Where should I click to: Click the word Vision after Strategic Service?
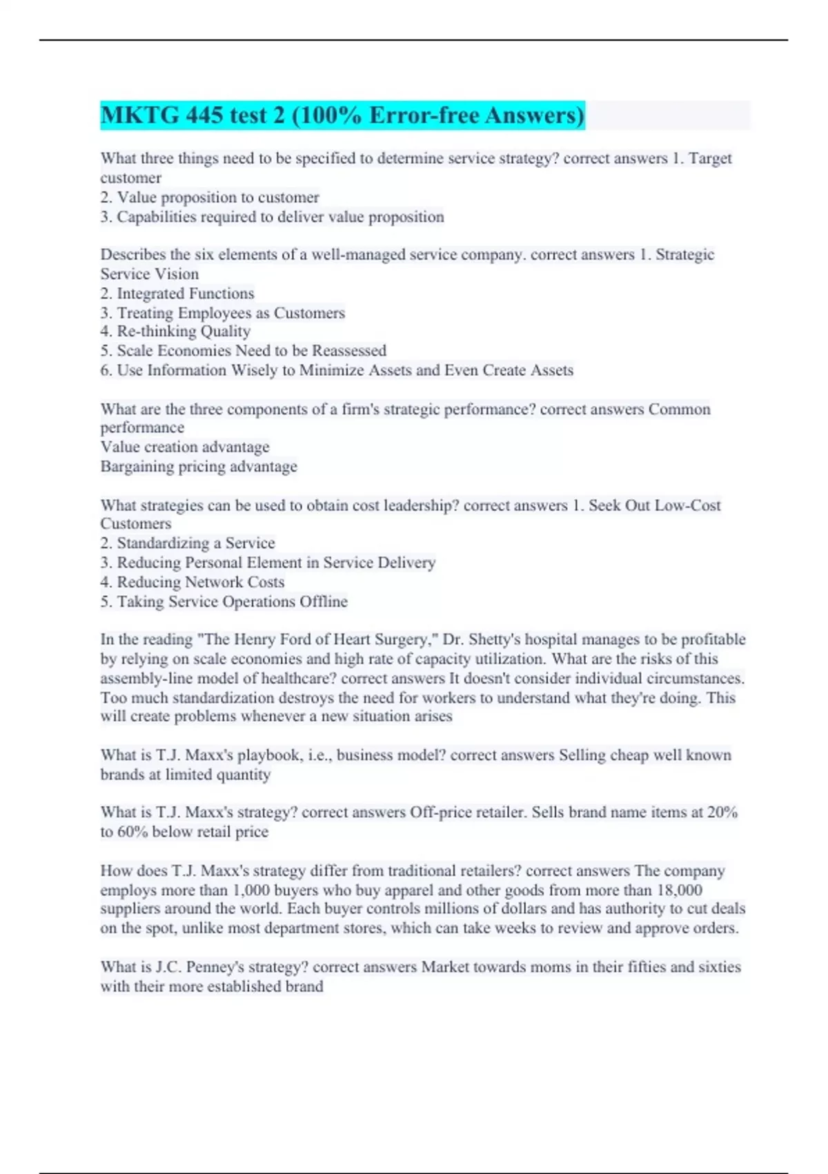[x=178, y=274]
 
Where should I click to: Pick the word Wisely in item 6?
[x=253, y=370]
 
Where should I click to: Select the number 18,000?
[x=679, y=890]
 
